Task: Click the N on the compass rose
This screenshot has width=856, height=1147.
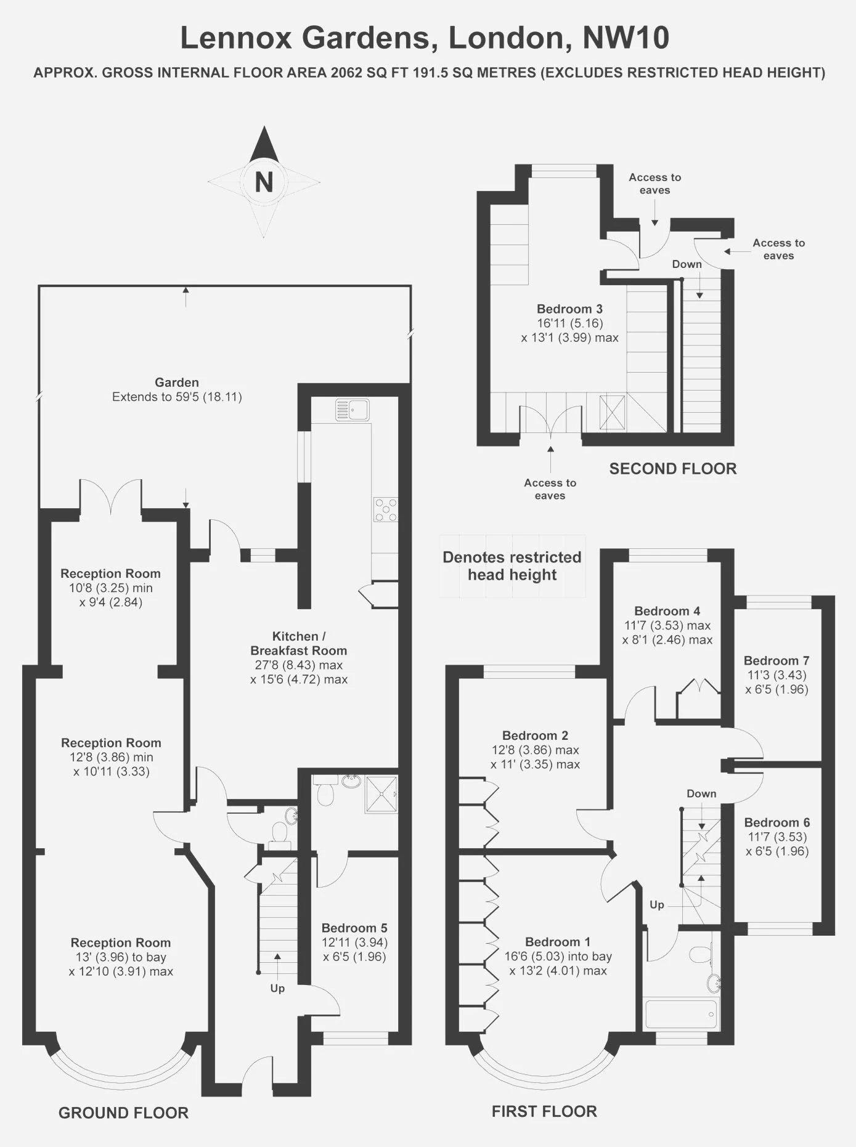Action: (x=264, y=182)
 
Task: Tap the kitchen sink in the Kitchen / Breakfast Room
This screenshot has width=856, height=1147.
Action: (x=353, y=410)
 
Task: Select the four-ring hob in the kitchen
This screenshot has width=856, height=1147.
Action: (x=386, y=509)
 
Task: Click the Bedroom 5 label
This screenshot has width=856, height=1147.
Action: (x=354, y=928)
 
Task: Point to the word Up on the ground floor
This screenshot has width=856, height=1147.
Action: (x=277, y=988)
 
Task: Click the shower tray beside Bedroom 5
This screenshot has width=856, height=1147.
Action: (x=381, y=795)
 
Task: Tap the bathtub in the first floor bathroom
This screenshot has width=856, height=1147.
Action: (x=681, y=1013)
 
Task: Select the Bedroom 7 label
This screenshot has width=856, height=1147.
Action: (x=777, y=660)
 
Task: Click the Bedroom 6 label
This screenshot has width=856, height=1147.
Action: (x=777, y=822)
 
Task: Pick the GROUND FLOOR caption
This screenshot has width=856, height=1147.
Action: (x=123, y=1113)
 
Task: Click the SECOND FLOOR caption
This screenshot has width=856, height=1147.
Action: (x=673, y=469)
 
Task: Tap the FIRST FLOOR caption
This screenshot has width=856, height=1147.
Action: (x=544, y=1111)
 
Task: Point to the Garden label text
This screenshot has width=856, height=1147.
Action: (x=177, y=383)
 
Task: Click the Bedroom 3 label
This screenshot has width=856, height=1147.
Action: (x=569, y=309)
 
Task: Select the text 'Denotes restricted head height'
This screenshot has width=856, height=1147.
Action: (x=512, y=566)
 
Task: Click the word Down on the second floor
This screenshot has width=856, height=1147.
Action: (x=687, y=264)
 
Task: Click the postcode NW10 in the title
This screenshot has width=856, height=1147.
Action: (x=626, y=38)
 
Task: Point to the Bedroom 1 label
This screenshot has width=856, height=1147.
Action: (x=558, y=942)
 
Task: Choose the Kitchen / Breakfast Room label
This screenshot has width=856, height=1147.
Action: (x=299, y=644)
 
